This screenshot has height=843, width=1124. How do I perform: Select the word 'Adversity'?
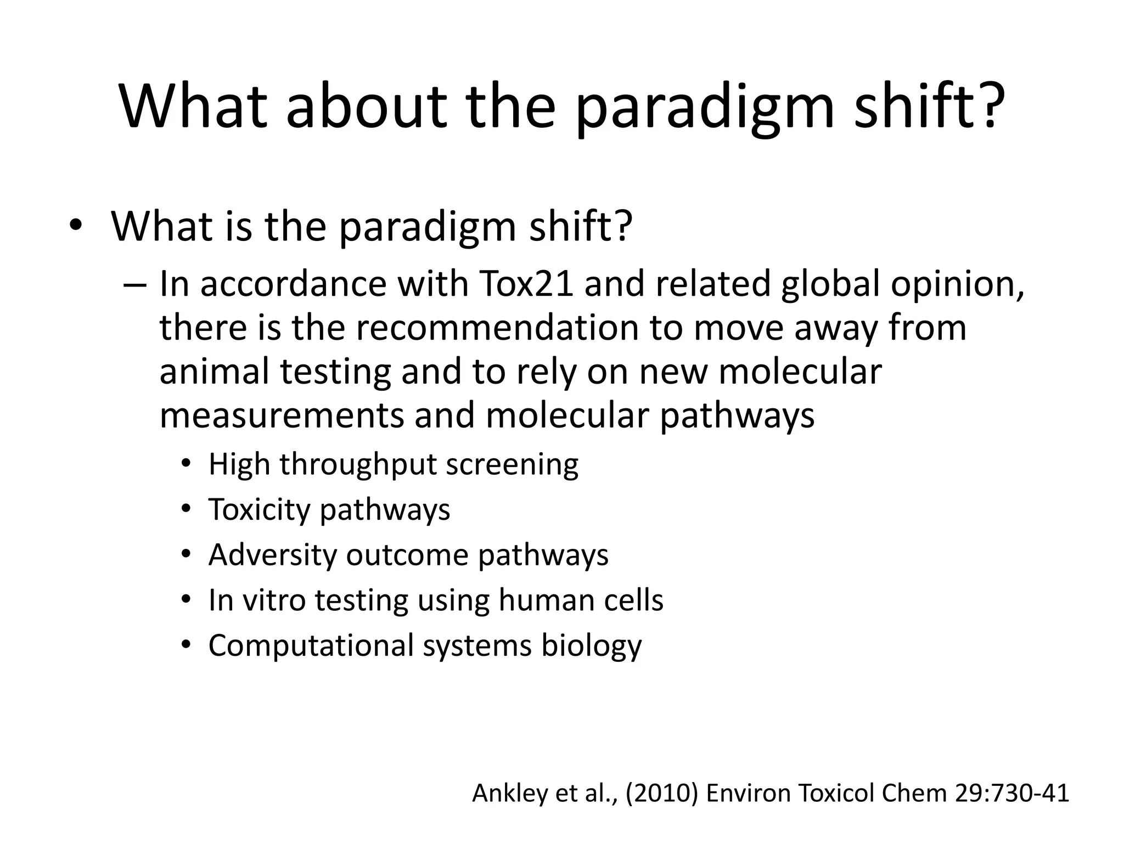coord(272,555)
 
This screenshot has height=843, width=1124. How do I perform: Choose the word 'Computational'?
coord(311,645)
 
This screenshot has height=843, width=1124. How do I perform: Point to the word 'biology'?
coord(591,647)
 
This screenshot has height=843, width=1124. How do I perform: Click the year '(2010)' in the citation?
coord(661,794)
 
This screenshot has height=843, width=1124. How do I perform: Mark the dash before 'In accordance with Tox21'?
coord(135,285)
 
